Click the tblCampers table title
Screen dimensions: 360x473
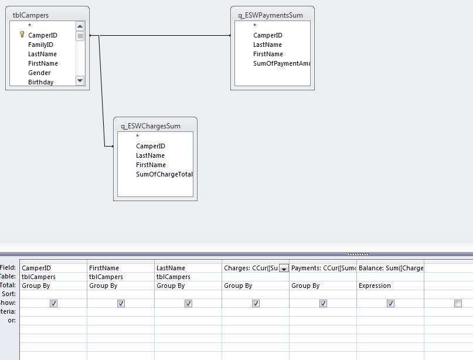(31, 15)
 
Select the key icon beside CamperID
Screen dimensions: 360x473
(22, 35)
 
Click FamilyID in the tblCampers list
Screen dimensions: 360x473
(40, 45)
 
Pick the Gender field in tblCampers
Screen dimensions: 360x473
(39, 73)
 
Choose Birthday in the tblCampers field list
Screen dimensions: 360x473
(40, 82)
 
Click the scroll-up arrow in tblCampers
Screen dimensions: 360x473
(80, 26)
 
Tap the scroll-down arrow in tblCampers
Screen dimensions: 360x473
(80, 80)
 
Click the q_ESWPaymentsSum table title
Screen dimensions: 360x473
(271, 15)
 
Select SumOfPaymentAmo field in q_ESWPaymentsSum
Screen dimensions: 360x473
(281, 63)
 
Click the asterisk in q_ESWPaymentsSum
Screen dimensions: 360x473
(255, 26)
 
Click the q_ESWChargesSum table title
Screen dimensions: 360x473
(151, 125)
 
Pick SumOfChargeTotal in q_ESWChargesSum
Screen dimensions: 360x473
(164, 174)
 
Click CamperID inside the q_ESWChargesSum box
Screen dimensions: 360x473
(151, 146)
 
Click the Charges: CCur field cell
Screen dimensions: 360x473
(251, 268)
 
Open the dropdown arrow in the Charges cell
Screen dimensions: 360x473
(284, 269)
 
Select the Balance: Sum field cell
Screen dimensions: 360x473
(390, 268)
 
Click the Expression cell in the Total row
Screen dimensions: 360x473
(375, 286)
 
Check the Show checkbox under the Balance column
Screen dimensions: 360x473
(390, 303)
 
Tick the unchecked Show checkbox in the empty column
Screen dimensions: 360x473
(458, 303)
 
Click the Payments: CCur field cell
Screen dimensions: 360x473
(323, 268)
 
